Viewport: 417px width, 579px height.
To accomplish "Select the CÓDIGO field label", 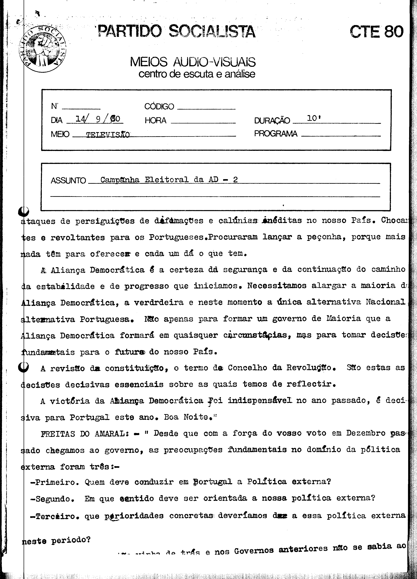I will point(159,106).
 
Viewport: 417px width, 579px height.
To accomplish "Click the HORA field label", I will point(155,120).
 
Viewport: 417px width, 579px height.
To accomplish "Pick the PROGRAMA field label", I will point(275,133).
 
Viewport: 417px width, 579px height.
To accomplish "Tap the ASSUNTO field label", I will point(68,180).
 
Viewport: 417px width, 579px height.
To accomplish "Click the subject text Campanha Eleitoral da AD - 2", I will point(169,180).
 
